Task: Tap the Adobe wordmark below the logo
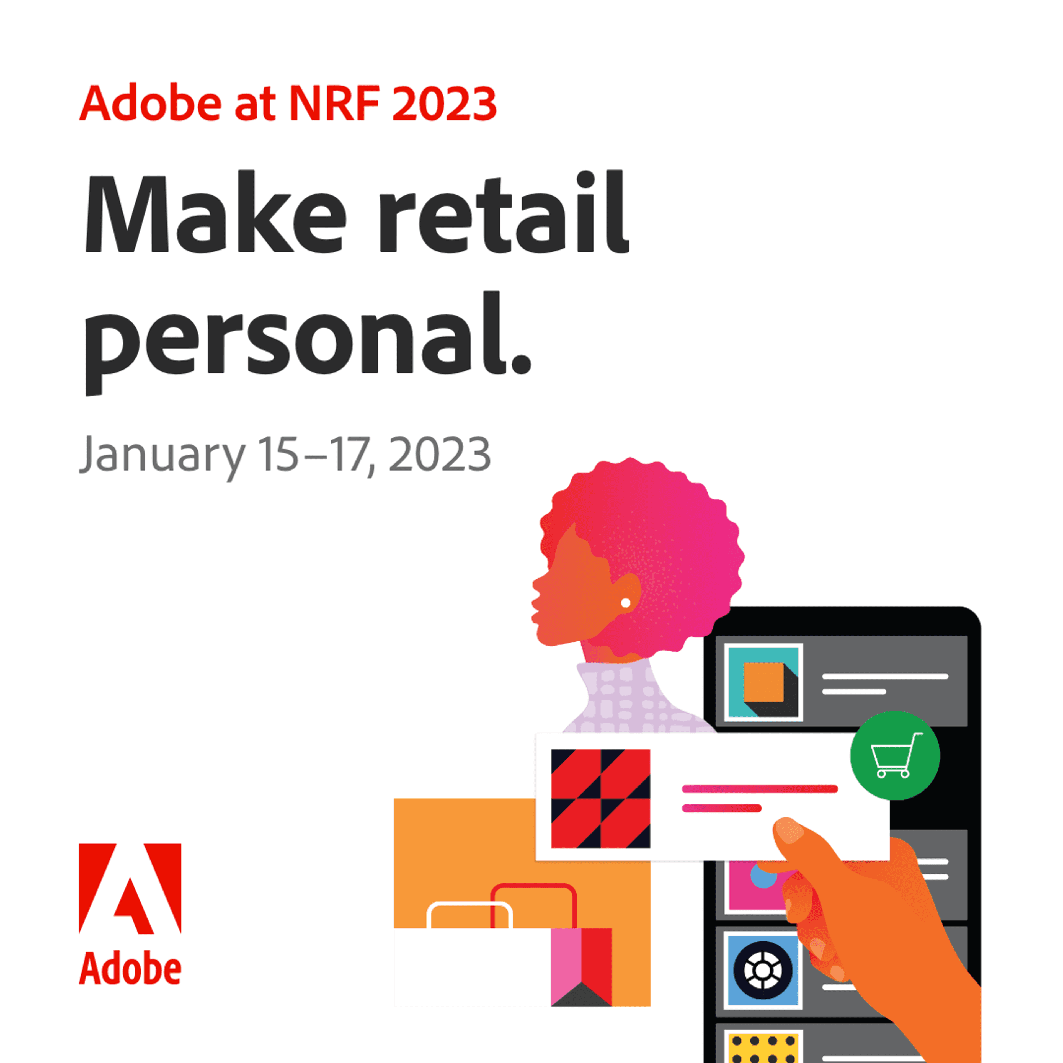pos(130,969)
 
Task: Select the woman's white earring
pos(626,603)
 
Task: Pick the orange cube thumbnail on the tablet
pos(763,682)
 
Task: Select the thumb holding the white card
pos(798,842)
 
